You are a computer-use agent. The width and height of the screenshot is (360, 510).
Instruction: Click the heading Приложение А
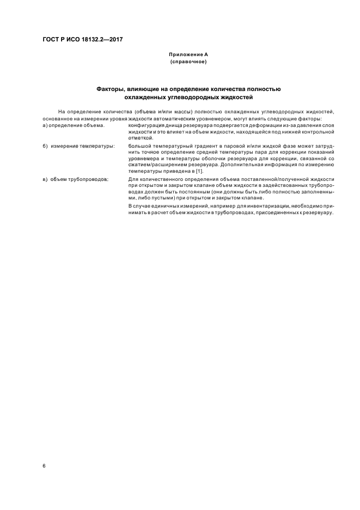[x=188, y=55]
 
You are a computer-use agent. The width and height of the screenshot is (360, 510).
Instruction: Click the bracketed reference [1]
[x=199, y=172]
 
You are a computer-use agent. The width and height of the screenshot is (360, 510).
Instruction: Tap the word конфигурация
[x=146, y=126]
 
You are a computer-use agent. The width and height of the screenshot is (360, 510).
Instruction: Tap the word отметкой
[x=139, y=138]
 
